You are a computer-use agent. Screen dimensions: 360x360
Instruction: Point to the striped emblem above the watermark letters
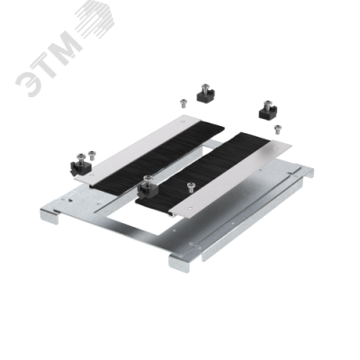[94, 19]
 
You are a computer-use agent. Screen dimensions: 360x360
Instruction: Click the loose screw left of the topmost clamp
[184, 103]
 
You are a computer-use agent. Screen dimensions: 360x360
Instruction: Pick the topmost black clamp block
[205, 93]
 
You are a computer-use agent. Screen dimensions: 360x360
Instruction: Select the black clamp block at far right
[268, 110]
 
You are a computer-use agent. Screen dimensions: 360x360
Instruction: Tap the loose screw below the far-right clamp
[278, 130]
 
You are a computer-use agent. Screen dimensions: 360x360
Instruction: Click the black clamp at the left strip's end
[80, 165]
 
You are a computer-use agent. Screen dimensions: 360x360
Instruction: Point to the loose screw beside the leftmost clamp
[92, 155]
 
